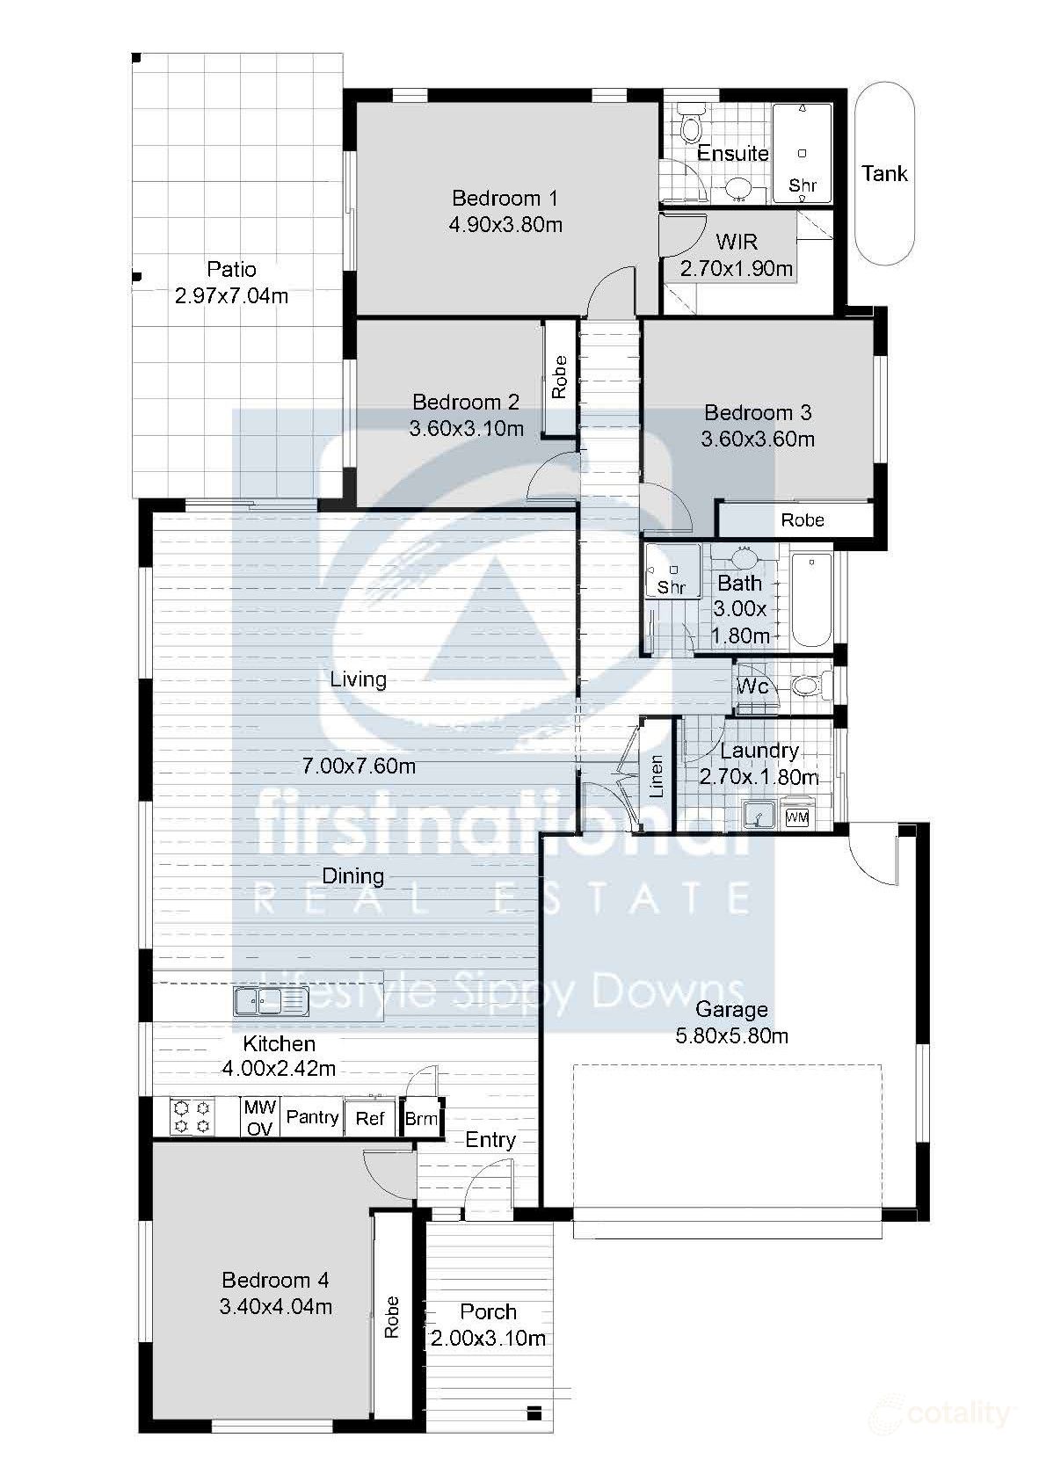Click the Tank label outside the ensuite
tap(884, 173)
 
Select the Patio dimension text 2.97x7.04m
tap(231, 296)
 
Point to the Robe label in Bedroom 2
tap(559, 377)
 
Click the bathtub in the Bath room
tap(810, 600)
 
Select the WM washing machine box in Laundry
tap(795, 817)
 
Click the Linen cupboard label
tap(656, 776)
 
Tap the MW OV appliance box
tap(260, 1117)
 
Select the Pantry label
tap(312, 1117)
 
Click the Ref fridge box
tap(370, 1119)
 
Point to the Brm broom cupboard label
tap(421, 1119)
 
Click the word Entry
tap(490, 1140)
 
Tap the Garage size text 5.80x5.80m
tap(731, 1036)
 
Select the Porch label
tap(488, 1311)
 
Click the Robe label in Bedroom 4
tap(392, 1317)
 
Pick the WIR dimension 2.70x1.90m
tap(737, 269)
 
